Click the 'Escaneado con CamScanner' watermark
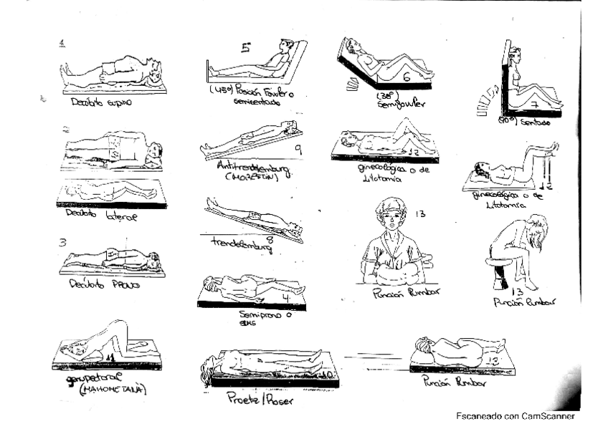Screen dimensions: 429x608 pyautogui.click(x=515, y=415)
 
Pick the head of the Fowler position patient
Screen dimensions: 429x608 pyautogui.click(x=286, y=47)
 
